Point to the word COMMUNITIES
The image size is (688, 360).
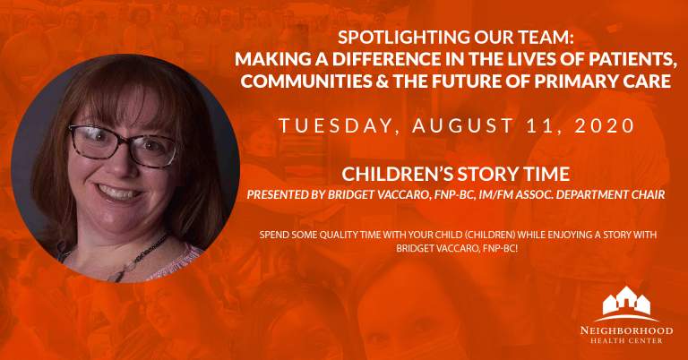pos(306,81)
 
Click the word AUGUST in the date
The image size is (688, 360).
pos(462,126)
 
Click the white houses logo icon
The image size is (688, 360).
pos(626,303)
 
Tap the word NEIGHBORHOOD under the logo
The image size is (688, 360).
pos(626,330)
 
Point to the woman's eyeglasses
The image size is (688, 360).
pos(123,146)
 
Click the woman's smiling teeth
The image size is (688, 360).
pos(117,193)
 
